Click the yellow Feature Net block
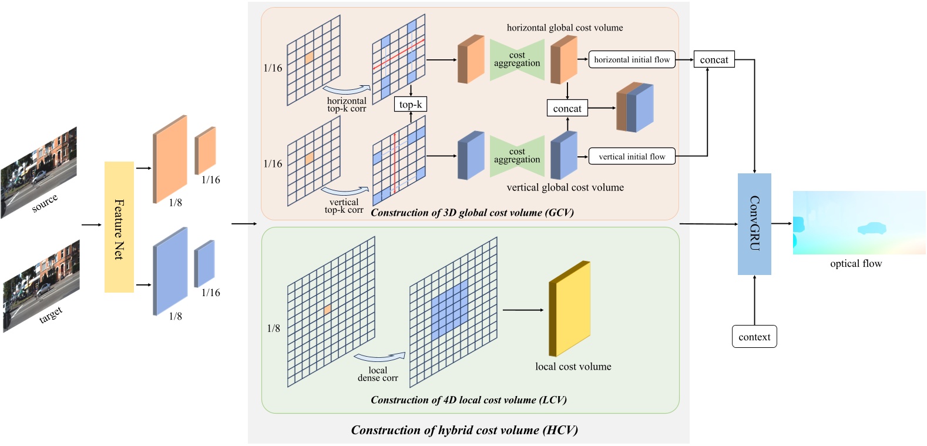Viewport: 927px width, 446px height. [x=119, y=227]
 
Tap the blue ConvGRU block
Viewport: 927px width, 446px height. [x=754, y=224]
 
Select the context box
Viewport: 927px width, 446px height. [x=754, y=337]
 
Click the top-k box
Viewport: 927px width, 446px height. [x=410, y=105]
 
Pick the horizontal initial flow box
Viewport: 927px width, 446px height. [x=632, y=59]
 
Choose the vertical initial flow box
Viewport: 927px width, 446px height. [x=632, y=156]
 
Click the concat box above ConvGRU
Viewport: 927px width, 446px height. [x=714, y=59]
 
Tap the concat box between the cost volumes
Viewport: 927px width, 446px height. [x=567, y=109]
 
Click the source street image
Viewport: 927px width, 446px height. [x=39, y=172]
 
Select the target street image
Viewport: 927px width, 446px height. [x=41, y=286]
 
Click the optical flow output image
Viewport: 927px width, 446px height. [x=859, y=223]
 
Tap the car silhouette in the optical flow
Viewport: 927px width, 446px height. [x=872, y=228]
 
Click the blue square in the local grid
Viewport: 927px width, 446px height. [x=450, y=311]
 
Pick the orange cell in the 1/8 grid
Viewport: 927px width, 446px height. [x=327, y=310]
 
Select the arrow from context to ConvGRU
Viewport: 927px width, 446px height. [x=754, y=300]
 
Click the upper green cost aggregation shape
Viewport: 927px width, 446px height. [x=517, y=60]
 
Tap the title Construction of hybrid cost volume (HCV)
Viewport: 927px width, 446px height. [x=464, y=430]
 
